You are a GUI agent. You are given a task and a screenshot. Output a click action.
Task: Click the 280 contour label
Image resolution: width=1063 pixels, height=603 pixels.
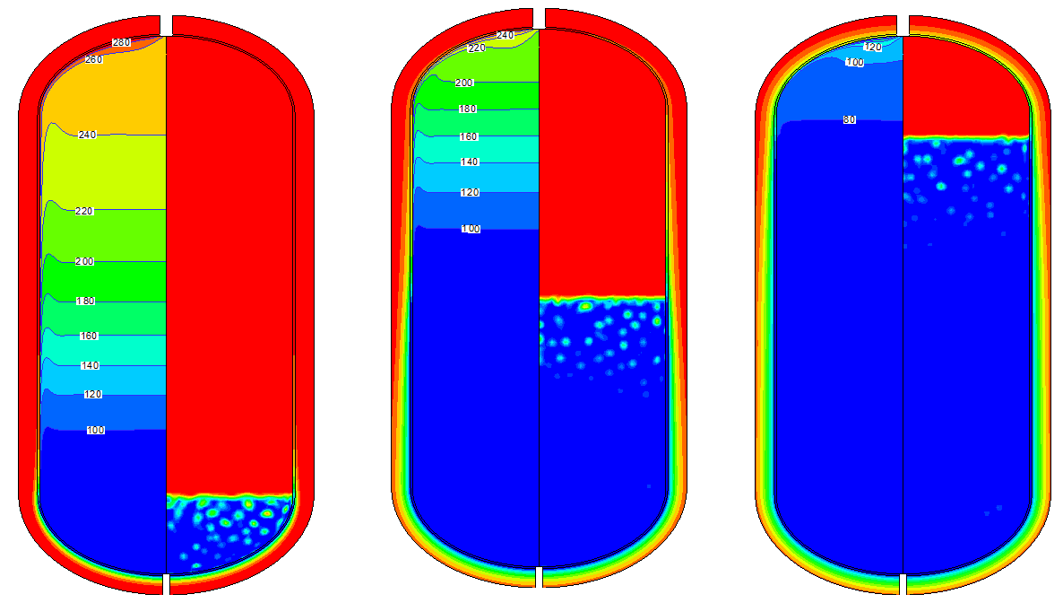point(121,43)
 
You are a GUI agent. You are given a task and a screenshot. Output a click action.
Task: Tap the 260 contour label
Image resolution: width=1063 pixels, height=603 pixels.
point(93,60)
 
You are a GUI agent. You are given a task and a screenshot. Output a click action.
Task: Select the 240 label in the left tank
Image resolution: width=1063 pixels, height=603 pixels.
point(88,135)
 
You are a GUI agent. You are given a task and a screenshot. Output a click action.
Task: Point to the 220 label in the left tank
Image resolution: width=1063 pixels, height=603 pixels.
point(84,211)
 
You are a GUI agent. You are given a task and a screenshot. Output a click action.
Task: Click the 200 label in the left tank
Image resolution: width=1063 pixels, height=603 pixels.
point(85,261)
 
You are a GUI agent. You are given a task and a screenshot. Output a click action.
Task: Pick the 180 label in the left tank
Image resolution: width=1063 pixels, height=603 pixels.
point(85,301)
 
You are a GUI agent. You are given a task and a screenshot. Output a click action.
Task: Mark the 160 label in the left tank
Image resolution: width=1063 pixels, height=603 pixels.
point(89,336)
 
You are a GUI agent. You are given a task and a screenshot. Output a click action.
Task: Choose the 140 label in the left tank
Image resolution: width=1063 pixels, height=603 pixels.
point(91,365)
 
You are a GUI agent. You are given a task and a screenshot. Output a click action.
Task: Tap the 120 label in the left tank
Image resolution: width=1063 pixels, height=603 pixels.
point(93,395)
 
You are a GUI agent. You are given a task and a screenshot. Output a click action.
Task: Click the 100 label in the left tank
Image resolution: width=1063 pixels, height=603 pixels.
point(96,431)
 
